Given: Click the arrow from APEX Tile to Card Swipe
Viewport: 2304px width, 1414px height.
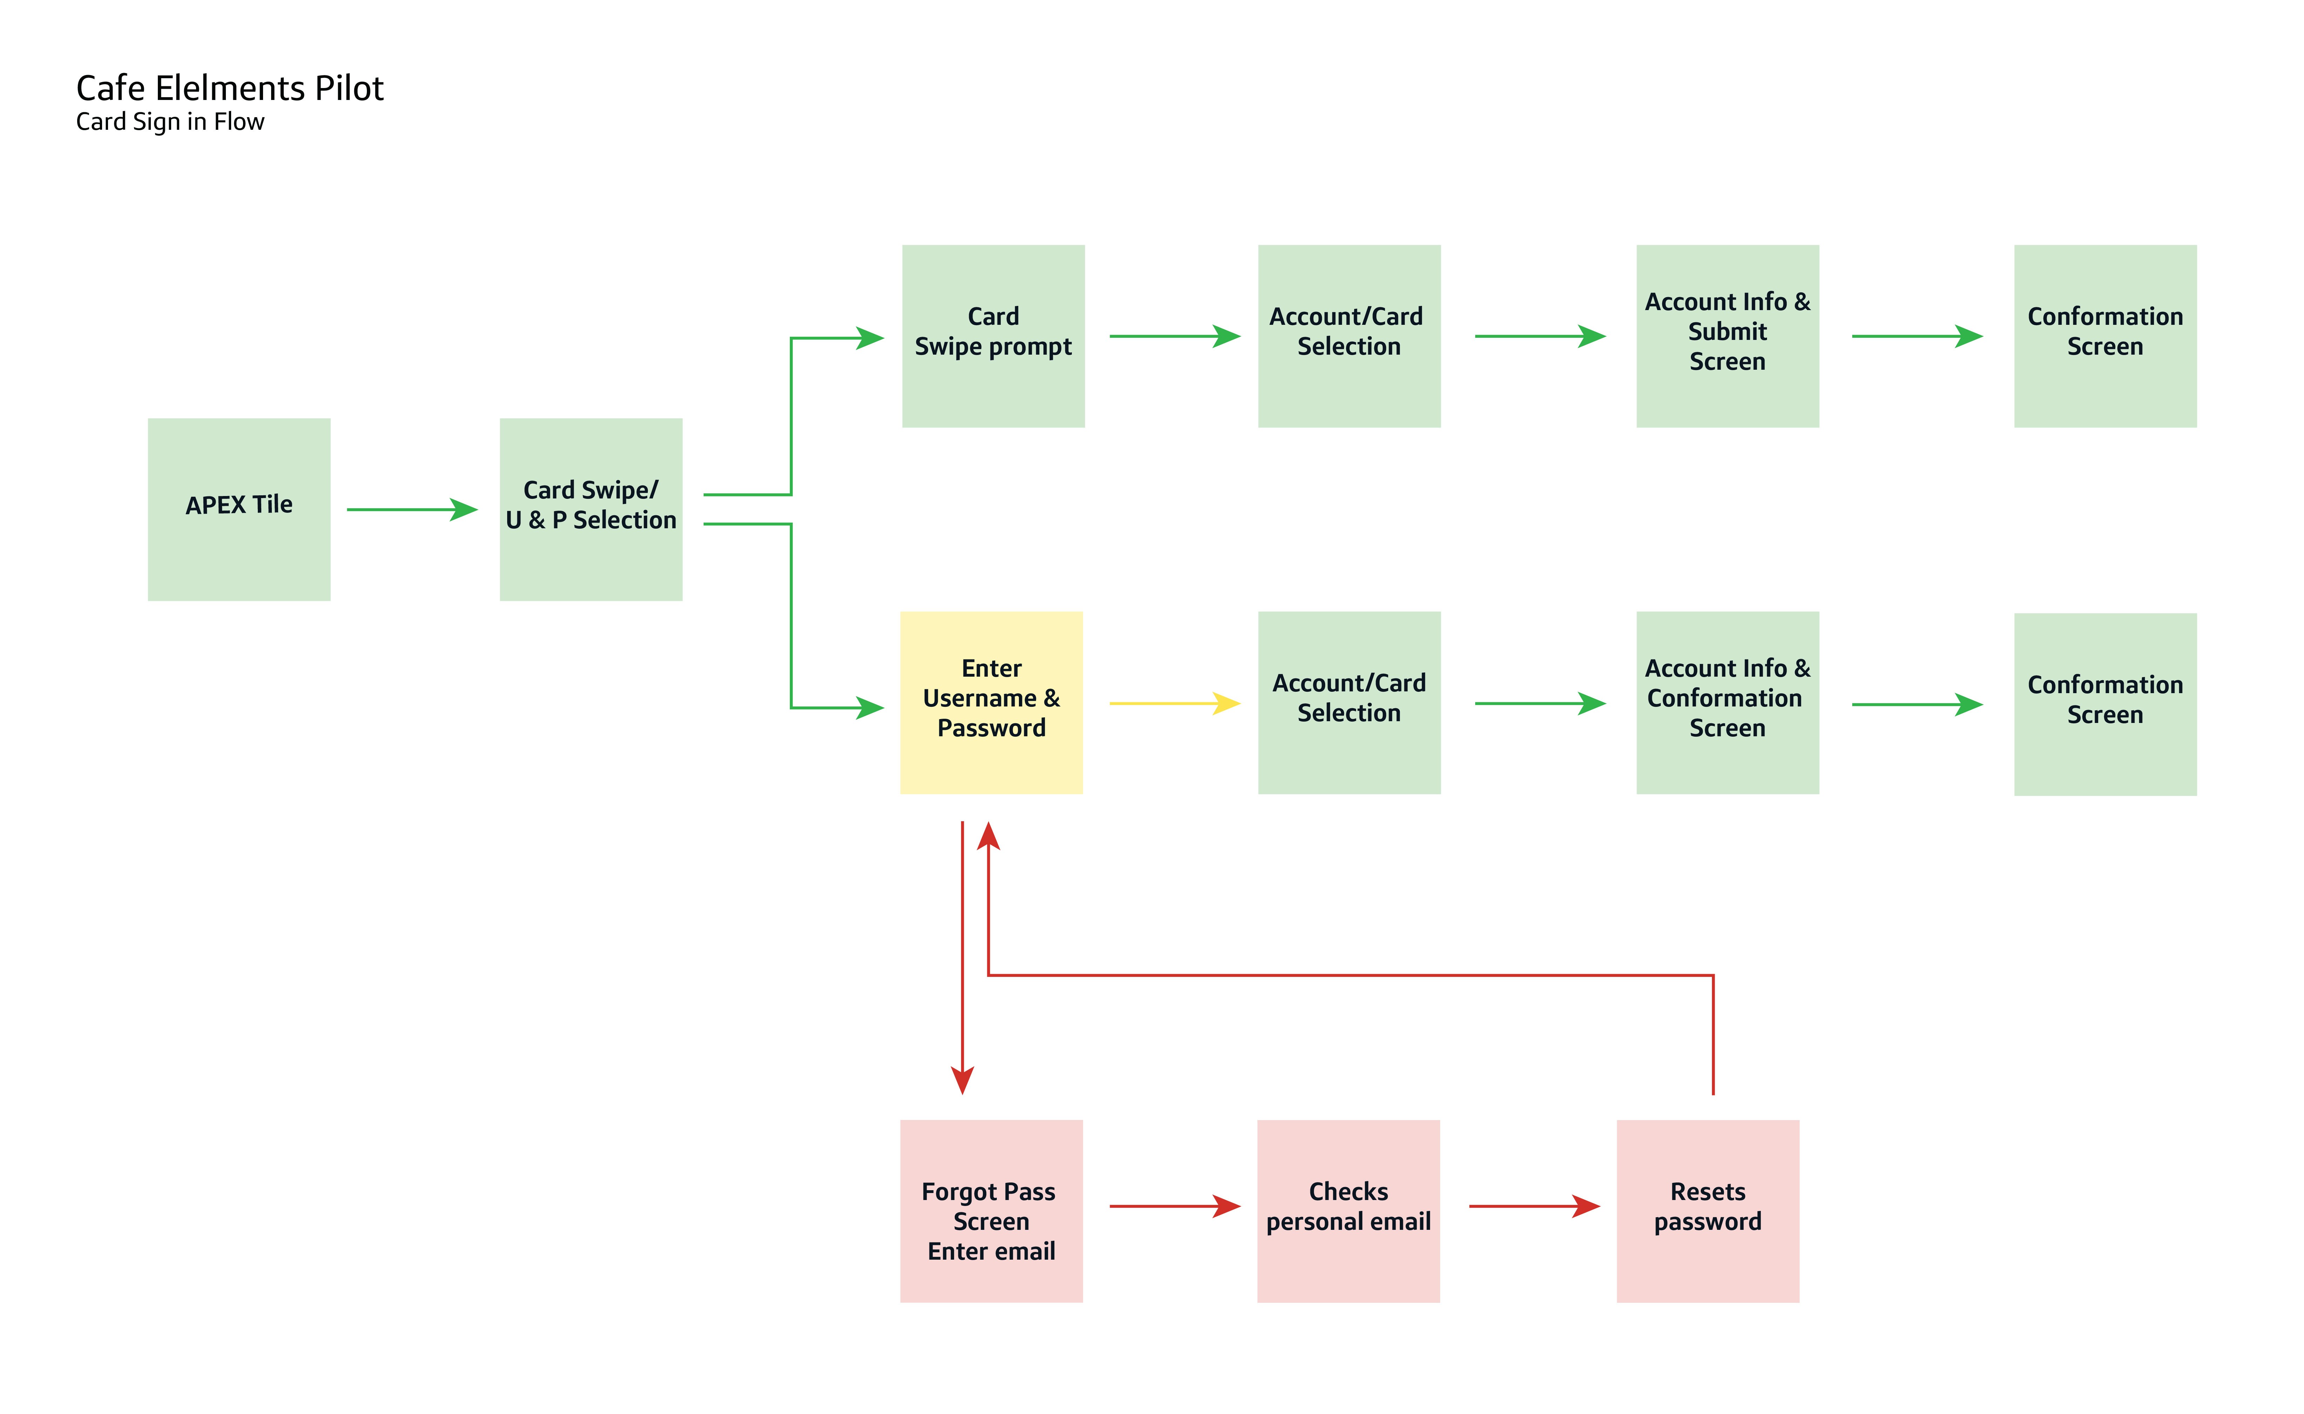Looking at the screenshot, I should (411, 510).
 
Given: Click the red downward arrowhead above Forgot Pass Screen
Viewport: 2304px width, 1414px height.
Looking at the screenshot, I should (962, 1080).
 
